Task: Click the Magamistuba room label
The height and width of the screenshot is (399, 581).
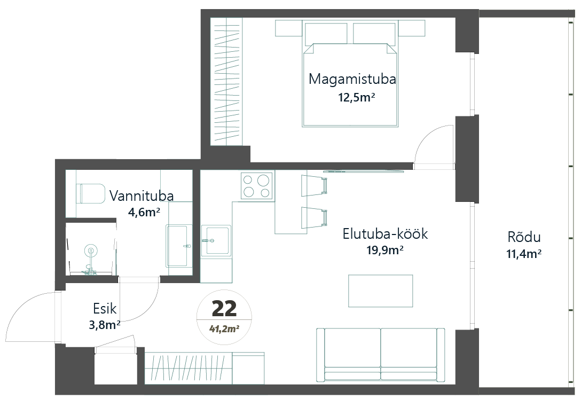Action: (352, 79)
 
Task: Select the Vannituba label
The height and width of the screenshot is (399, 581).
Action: (142, 195)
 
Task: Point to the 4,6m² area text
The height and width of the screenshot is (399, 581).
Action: (144, 212)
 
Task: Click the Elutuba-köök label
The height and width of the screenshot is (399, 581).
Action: (386, 234)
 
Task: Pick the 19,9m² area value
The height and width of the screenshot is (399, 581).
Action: (385, 251)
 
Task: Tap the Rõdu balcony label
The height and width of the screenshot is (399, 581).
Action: (524, 237)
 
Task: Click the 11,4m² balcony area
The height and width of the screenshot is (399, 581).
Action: (524, 254)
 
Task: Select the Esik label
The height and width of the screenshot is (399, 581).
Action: (105, 309)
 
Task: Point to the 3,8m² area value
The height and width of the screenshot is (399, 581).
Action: (105, 325)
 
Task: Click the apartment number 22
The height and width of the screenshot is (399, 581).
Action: (224, 309)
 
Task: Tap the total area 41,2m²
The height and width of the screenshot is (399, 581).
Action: (224, 328)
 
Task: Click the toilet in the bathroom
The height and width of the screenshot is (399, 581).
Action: (92, 193)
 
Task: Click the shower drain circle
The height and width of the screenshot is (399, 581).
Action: (90, 251)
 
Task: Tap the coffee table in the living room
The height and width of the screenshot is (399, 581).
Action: (381, 291)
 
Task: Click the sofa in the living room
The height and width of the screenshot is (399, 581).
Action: (381, 355)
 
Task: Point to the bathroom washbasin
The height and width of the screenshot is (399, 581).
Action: (177, 246)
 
